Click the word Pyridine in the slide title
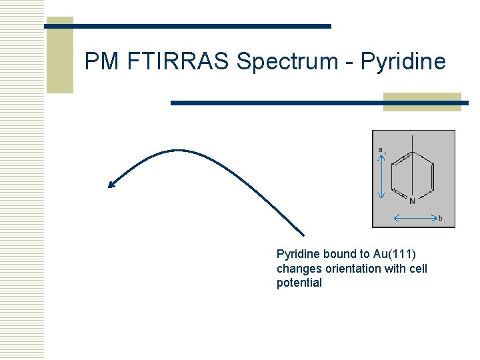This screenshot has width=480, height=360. click(403, 61)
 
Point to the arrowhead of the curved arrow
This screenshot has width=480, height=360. click(111, 185)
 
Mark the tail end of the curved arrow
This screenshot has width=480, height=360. click(303, 235)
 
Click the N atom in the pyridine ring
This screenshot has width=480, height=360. click(412, 201)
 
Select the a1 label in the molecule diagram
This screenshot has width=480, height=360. click(381, 150)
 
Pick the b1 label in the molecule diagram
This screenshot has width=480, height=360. click(441, 218)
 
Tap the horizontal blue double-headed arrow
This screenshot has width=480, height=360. click(413, 218)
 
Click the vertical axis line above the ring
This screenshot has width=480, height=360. click(413, 143)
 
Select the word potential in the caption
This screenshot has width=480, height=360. click(299, 283)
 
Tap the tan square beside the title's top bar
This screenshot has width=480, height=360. click(59, 55)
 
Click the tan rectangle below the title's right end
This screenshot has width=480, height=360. click(422, 102)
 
